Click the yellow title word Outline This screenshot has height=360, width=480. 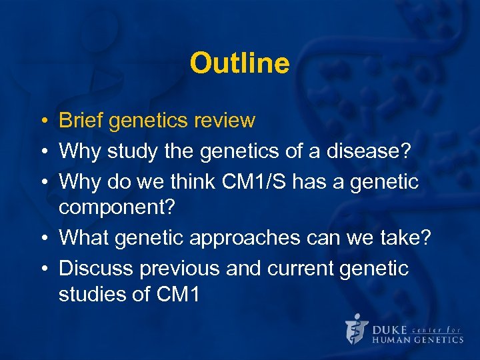point(239,64)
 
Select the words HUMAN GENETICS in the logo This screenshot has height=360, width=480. point(417,339)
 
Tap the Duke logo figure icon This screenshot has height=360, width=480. point(356,329)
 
